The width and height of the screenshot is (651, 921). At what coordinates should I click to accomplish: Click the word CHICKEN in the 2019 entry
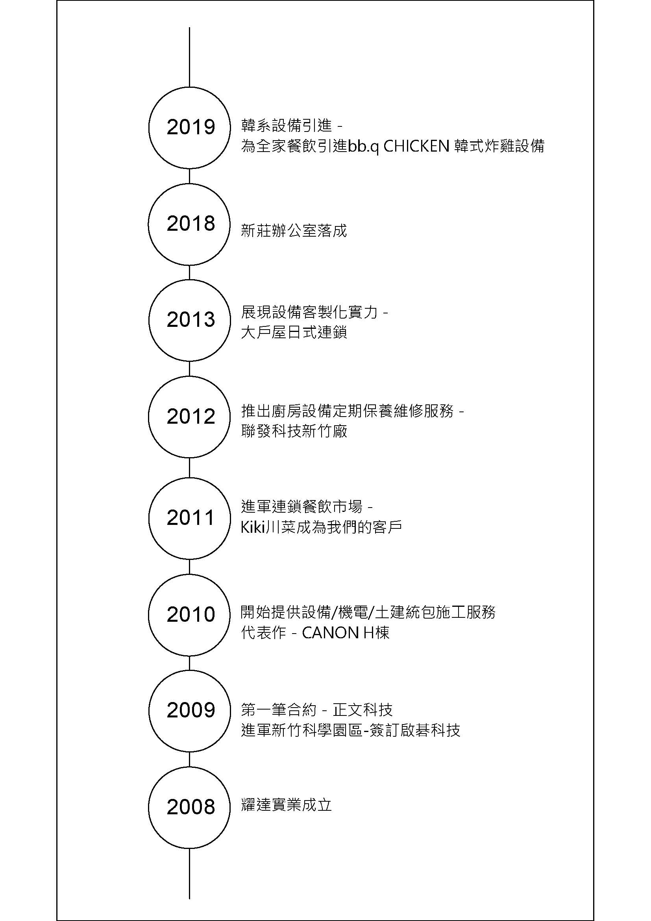[x=416, y=146]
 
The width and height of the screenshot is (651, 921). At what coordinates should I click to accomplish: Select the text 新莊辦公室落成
[x=294, y=231]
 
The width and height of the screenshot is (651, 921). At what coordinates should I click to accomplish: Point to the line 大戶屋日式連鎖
[x=294, y=333]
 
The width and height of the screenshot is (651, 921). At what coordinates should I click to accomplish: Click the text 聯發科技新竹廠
[x=294, y=432]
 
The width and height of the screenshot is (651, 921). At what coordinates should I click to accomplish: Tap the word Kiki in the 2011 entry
[x=254, y=528]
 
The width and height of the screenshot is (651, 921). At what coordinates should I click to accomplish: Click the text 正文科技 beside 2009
[x=362, y=710]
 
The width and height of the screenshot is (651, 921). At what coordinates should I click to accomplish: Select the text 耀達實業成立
[x=286, y=805]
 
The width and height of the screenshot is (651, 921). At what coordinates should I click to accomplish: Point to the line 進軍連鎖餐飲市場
[x=301, y=507]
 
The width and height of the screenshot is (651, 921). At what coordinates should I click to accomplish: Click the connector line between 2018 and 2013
[x=189, y=272]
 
